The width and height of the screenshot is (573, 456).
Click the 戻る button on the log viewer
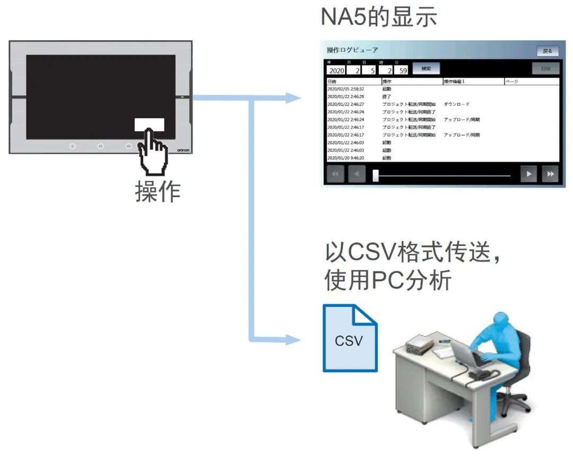(547, 51)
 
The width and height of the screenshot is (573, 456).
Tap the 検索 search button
(426, 68)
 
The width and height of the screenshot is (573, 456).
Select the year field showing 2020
(336, 71)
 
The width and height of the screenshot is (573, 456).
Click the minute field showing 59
(403, 71)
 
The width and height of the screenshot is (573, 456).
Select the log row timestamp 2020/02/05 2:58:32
(345, 89)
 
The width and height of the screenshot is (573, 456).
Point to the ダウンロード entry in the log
(456, 105)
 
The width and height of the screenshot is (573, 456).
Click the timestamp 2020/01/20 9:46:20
(345, 158)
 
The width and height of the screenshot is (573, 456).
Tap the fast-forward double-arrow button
(550, 174)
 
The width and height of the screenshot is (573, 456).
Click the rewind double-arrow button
(335, 174)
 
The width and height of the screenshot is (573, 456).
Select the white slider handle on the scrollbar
(376, 175)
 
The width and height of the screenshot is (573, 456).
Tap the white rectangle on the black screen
(149, 125)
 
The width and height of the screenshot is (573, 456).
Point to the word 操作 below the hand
(158, 192)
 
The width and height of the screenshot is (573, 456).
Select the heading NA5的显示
(379, 17)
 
